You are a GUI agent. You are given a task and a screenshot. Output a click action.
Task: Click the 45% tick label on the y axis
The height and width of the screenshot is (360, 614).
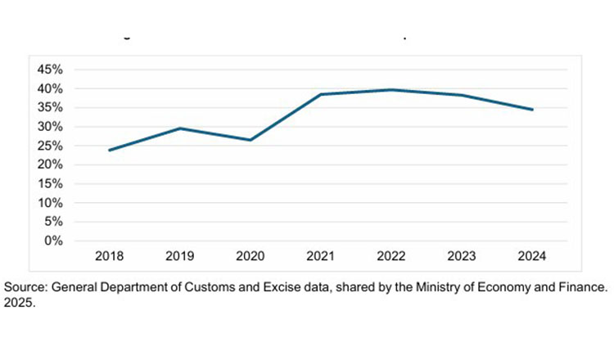tap(50, 69)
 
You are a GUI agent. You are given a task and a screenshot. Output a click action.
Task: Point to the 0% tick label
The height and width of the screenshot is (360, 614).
tap(53, 241)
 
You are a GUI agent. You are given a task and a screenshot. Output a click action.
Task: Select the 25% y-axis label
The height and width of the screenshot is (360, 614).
tap(50, 146)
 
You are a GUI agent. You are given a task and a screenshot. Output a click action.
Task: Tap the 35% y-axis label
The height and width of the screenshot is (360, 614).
tap(50, 107)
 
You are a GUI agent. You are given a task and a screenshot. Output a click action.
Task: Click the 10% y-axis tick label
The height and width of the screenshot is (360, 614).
tap(50, 203)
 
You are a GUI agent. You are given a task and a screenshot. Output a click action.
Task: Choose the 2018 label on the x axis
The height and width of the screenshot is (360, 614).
tap(109, 257)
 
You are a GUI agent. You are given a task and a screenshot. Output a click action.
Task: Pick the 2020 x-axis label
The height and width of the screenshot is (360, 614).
tap(251, 257)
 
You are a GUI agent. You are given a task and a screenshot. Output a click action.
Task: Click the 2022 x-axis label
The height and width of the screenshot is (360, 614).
tap(391, 257)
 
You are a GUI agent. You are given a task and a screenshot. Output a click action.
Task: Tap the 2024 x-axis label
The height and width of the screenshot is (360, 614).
tap(533, 257)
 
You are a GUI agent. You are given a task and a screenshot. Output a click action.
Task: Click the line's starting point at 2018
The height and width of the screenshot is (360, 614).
tap(109, 150)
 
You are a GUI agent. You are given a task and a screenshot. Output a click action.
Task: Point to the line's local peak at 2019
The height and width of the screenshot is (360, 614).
tap(180, 128)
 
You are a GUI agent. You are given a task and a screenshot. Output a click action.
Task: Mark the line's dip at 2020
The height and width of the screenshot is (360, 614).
tap(251, 140)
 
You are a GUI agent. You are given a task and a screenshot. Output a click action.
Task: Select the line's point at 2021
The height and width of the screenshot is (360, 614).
tap(321, 94)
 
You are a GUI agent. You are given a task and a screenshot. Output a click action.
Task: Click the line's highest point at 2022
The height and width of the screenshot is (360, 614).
tap(391, 89)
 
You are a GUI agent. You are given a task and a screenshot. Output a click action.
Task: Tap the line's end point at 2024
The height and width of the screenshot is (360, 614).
tap(533, 110)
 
